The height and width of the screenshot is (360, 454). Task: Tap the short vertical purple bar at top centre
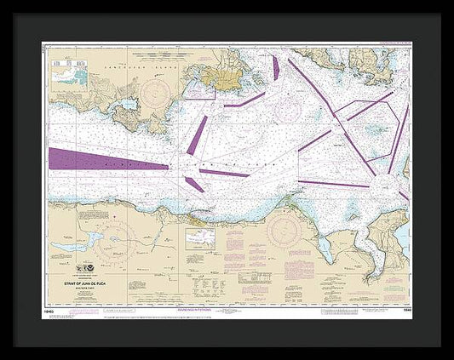pos(275,67)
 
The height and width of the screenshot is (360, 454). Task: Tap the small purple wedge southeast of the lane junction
pos(193,182)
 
